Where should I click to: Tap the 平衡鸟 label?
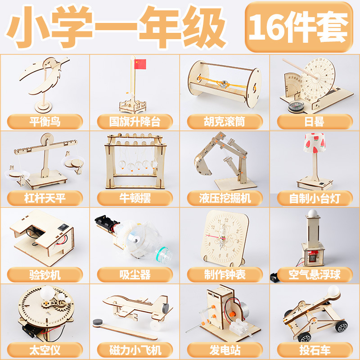click(45, 121)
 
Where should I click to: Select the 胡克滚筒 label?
click(225, 121)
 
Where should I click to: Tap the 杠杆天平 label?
click(45, 198)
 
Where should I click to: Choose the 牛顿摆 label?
click(135, 198)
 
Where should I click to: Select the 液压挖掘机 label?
click(225, 198)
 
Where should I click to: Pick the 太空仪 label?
click(45, 349)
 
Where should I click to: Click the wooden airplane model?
click(135, 306)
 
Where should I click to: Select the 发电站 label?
click(225, 349)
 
